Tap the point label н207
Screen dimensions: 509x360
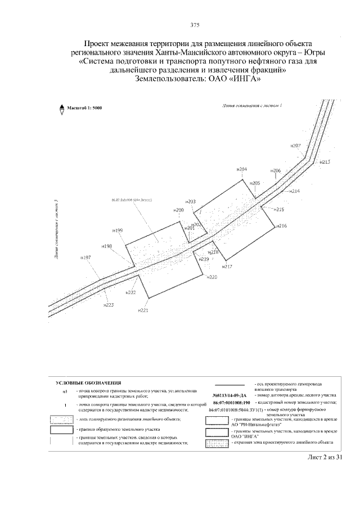coord(296,146)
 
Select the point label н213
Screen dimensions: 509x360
coord(325,162)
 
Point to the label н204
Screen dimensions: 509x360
coord(242,169)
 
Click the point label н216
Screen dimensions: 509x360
coord(282,226)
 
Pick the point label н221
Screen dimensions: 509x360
coord(143,310)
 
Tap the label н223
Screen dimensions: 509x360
coord(109,305)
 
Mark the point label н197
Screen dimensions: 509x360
coord(85,258)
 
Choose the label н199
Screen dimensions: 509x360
coord(117,231)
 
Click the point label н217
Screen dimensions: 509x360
coord(227,267)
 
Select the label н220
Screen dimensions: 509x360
coord(211,277)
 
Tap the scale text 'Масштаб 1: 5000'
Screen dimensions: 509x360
coord(84,107)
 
